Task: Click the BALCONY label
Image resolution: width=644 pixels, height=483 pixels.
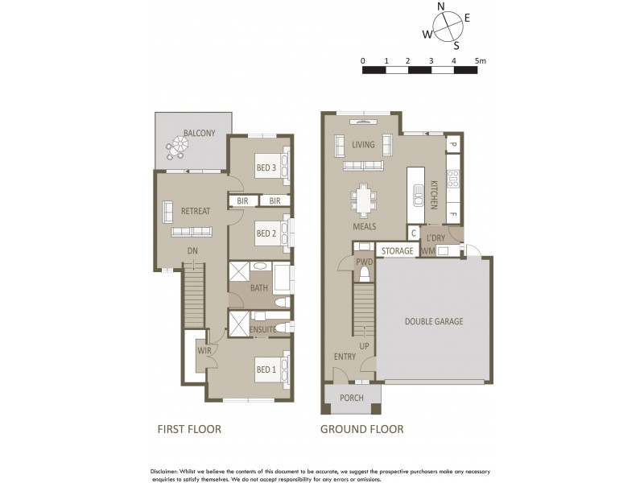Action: (199, 133)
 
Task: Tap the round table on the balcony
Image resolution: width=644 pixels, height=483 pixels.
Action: (177, 149)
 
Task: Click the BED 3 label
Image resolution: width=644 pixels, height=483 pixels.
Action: (266, 167)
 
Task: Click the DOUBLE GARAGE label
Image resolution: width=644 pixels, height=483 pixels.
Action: (434, 321)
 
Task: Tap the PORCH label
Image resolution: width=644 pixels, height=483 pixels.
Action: (352, 398)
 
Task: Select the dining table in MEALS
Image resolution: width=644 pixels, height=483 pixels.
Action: (365, 197)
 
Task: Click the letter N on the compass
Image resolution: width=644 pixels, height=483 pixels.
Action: (441, 6)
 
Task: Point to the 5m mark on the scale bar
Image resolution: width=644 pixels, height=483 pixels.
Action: (480, 61)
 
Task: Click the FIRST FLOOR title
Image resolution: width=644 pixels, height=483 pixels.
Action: (188, 429)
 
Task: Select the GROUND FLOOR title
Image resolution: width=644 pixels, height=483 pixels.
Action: (362, 429)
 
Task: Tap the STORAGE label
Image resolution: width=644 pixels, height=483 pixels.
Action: (397, 251)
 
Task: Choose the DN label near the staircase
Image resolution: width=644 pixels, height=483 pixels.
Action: (192, 251)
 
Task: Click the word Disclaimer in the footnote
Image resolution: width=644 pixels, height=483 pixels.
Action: (168, 470)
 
